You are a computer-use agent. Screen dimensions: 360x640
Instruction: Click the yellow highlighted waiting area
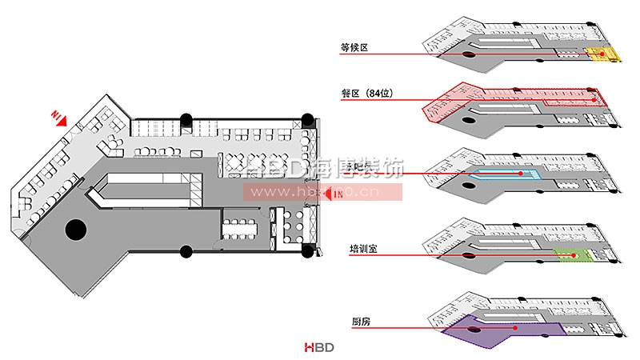click(604, 54)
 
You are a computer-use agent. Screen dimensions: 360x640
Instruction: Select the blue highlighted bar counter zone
click(504, 174)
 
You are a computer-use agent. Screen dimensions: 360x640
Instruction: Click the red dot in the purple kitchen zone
click(517, 328)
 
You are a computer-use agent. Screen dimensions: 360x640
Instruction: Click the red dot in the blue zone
click(521, 174)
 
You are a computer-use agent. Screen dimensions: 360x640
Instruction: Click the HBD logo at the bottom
click(318, 347)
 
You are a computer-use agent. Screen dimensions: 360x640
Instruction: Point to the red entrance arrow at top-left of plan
click(61, 118)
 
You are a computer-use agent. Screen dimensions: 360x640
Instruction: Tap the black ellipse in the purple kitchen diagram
click(474, 329)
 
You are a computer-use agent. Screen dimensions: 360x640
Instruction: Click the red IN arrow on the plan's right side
click(330, 194)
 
